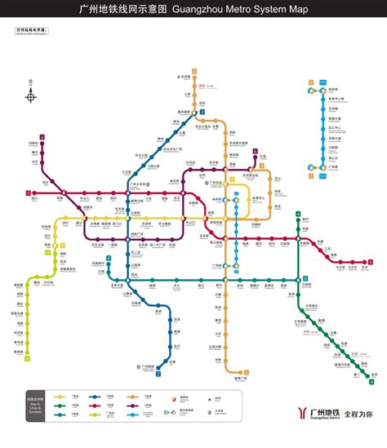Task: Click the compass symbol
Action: (31, 97)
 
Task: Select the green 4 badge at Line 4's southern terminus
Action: (371, 381)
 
